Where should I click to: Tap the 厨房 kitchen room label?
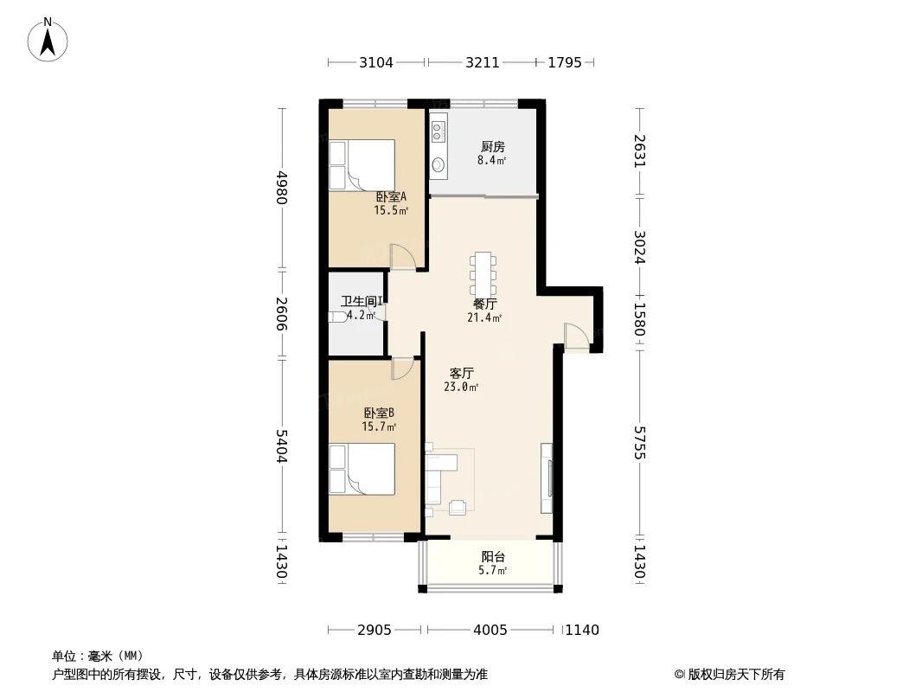coord(492,146)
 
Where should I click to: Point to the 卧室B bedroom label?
coord(379,413)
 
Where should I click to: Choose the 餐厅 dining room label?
coord(484,304)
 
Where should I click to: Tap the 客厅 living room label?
coord(461,374)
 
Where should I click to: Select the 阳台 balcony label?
coord(492,557)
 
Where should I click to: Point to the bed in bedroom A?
coord(362,164)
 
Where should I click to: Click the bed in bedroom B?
coord(362,470)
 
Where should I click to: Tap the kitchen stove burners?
coord(439,131)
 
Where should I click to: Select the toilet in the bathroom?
coord(339,317)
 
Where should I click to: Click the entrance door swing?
coord(575,336)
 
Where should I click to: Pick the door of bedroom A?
coord(403,257)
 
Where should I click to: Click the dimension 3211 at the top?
coord(483,62)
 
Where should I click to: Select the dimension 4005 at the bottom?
coord(490,630)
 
